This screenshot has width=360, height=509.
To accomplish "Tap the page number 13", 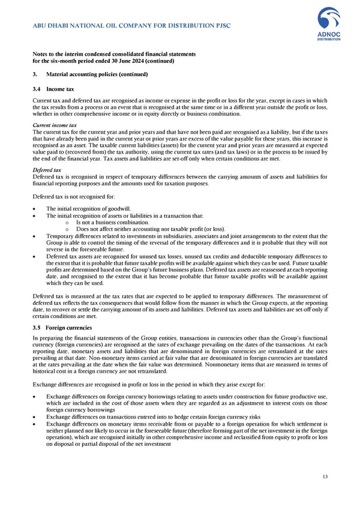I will click(325, 477).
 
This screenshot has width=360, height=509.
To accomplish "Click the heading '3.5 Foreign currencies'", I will click(61, 328).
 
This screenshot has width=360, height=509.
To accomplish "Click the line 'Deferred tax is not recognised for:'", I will click(74, 196).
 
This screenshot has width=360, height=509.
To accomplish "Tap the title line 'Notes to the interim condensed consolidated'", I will click(114, 54).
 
